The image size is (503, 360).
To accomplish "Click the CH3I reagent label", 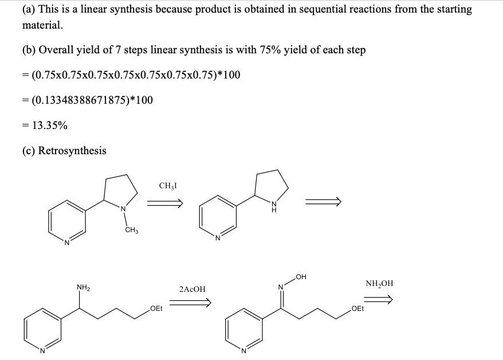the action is [168, 186].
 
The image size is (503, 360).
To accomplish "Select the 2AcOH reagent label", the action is [192, 289].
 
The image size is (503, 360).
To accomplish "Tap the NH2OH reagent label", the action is [379, 284].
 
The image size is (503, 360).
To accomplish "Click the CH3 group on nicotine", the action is [132, 230].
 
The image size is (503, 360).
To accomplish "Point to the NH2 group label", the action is [84, 287].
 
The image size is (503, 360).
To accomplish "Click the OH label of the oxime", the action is [301, 276].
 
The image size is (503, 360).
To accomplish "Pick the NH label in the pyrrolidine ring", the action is [274, 207].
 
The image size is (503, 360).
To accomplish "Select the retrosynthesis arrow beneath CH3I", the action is [165, 203].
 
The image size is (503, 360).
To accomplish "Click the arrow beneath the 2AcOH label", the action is [190, 302].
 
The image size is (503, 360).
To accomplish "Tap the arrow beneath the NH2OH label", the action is [378, 300].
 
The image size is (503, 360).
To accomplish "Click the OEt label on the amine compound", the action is [156, 308].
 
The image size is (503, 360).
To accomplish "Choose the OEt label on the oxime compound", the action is [357, 308].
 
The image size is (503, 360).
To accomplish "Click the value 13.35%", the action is [50, 126].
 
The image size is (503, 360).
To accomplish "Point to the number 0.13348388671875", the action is [81, 100].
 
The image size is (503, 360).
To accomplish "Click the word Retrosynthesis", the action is [72, 151].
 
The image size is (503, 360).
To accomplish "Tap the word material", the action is [42, 25].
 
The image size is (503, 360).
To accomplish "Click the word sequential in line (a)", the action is [321, 9].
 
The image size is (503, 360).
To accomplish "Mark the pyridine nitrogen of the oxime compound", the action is [243, 351].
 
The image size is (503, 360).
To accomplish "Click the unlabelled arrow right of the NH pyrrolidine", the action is [323, 202].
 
